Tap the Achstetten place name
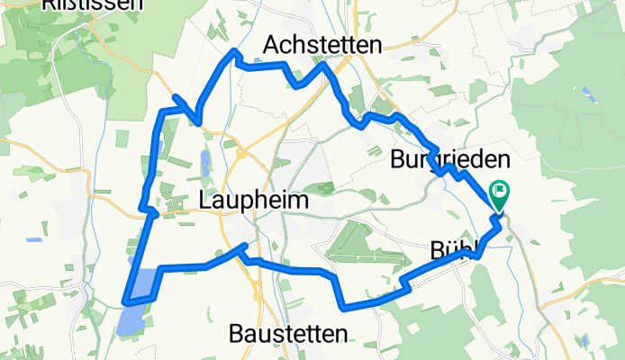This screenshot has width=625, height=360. pyautogui.click(x=323, y=45)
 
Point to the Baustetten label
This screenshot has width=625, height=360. pyautogui.click(x=287, y=335)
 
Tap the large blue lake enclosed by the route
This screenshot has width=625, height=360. pyautogui.click(x=143, y=284)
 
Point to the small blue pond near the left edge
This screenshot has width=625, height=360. pyautogui.click(x=34, y=239)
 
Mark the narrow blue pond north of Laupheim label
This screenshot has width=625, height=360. pyautogui.click(x=204, y=162)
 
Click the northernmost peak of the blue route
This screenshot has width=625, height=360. pyautogui.click(x=235, y=51)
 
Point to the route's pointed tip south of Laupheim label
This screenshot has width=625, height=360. pyautogui.click(x=240, y=246)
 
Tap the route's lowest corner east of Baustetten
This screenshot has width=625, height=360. pyautogui.click(x=345, y=306)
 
